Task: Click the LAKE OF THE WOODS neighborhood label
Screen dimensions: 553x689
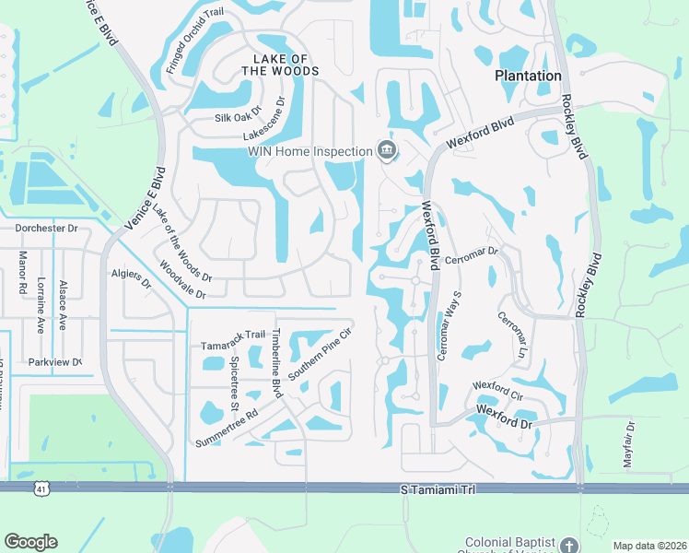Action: (280, 64)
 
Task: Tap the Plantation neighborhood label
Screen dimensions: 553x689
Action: (528, 76)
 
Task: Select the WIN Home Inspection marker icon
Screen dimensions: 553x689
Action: (386, 150)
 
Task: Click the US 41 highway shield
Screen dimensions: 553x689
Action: (41, 488)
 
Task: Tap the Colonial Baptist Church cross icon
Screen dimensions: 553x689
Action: (569, 545)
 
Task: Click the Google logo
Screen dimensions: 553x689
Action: (30, 542)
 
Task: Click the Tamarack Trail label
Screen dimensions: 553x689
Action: (233, 347)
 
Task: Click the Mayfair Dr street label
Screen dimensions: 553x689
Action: (629, 445)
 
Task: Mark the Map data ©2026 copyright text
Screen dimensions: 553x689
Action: (648, 546)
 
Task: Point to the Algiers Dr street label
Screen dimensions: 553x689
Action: (132, 279)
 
